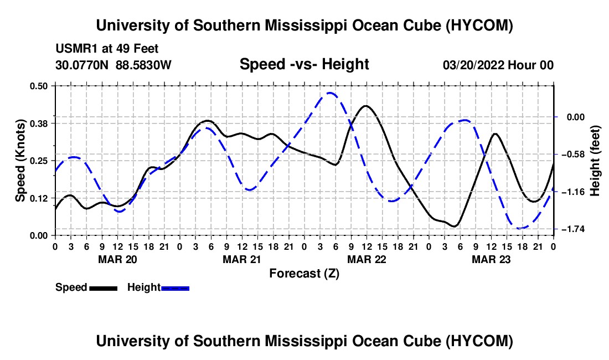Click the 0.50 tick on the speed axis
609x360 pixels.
[x=38, y=86]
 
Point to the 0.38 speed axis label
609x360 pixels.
[x=38, y=124]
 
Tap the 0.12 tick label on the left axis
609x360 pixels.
[x=38, y=198]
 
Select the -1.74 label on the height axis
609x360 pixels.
[x=573, y=229]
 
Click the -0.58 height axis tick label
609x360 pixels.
[x=573, y=155]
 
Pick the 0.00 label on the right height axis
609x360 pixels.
[x=576, y=117]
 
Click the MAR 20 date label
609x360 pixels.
[x=118, y=259]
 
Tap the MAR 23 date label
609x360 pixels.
[x=491, y=259]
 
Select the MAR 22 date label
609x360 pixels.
[x=367, y=259]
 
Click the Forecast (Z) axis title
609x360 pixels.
[x=304, y=274]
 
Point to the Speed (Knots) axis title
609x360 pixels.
[x=20, y=161]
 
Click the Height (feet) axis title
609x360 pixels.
[x=595, y=161]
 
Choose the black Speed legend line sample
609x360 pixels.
[x=104, y=288]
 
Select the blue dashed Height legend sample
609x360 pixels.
[x=175, y=288]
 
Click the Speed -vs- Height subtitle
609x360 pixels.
[x=304, y=64]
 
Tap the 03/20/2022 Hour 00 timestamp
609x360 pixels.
[x=498, y=65]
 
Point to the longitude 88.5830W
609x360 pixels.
[x=143, y=65]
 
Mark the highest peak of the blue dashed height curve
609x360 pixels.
[x=330, y=93]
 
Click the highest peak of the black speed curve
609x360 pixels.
[x=366, y=106]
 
